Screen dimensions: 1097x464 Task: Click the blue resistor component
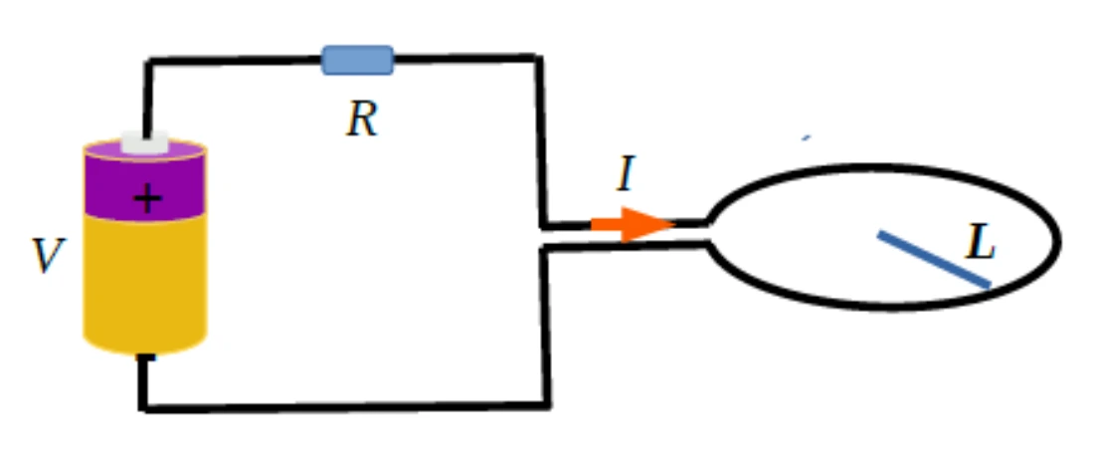[x=357, y=61]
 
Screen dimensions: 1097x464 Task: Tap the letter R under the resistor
[x=362, y=119]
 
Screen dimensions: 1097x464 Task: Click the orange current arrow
[x=633, y=224]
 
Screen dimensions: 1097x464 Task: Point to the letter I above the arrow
[x=627, y=174]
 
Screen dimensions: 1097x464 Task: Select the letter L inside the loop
[x=981, y=243]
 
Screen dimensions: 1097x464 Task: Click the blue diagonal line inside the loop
[x=934, y=259]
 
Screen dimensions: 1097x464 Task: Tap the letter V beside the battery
[x=49, y=255]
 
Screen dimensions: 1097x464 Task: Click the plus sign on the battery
[x=147, y=199]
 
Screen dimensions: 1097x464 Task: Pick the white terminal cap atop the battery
[x=145, y=143]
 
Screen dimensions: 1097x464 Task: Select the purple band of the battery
[x=145, y=186]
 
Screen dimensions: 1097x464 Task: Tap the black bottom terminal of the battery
[x=145, y=358]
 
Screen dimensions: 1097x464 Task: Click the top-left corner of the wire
[x=148, y=63]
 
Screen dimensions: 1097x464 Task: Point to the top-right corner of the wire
[x=538, y=58]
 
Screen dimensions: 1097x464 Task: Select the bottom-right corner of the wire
[x=547, y=404]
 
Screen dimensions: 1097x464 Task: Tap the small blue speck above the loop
[x=807, y=138]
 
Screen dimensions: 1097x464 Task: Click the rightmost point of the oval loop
[x=1058, y=242]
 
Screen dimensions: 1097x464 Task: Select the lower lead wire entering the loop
[x=625, y=247]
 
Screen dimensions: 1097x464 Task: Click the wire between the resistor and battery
[x=235, y=62]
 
